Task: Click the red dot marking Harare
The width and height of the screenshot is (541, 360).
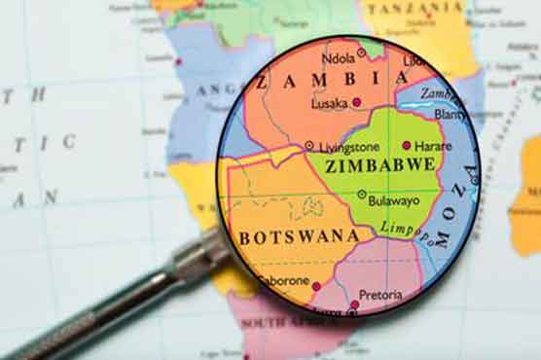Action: coord(407,145)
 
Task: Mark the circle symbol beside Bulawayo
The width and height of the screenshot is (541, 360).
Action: coord(362,195)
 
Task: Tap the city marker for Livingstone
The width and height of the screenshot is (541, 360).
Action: coord(308,146)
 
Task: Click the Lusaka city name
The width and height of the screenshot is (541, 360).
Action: coord(331,102)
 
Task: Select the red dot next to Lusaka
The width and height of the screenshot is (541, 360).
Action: coord(356,101)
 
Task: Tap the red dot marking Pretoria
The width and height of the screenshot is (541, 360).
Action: coord(354,304)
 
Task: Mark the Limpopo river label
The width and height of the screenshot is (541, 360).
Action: coord(401,228)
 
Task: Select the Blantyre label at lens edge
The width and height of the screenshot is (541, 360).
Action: coord(450,112)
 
